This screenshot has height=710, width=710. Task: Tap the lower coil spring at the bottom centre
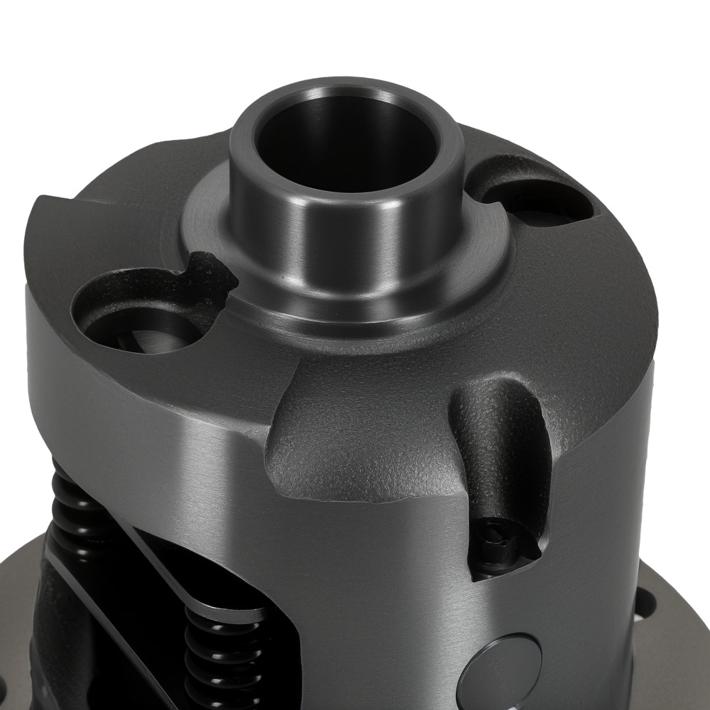220,660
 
